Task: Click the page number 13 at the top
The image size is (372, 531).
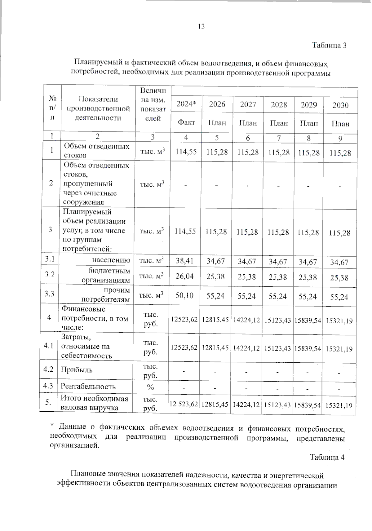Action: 201,27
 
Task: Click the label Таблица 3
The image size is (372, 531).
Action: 329,46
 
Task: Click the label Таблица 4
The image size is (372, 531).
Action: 327,458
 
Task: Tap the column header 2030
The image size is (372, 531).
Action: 340,105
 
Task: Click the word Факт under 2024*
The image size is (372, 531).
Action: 186,122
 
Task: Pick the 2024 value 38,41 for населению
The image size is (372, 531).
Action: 184,261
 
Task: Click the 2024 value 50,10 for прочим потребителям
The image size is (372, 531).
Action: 184,295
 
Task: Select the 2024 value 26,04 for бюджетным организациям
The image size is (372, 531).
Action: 184,276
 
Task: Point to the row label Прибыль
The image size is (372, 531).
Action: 76,370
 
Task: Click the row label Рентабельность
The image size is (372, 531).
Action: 88,387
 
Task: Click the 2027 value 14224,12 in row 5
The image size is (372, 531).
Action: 246,405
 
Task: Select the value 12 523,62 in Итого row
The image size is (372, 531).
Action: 184,404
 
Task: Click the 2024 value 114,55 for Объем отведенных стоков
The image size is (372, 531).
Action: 186,152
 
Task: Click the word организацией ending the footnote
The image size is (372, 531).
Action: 75,446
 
